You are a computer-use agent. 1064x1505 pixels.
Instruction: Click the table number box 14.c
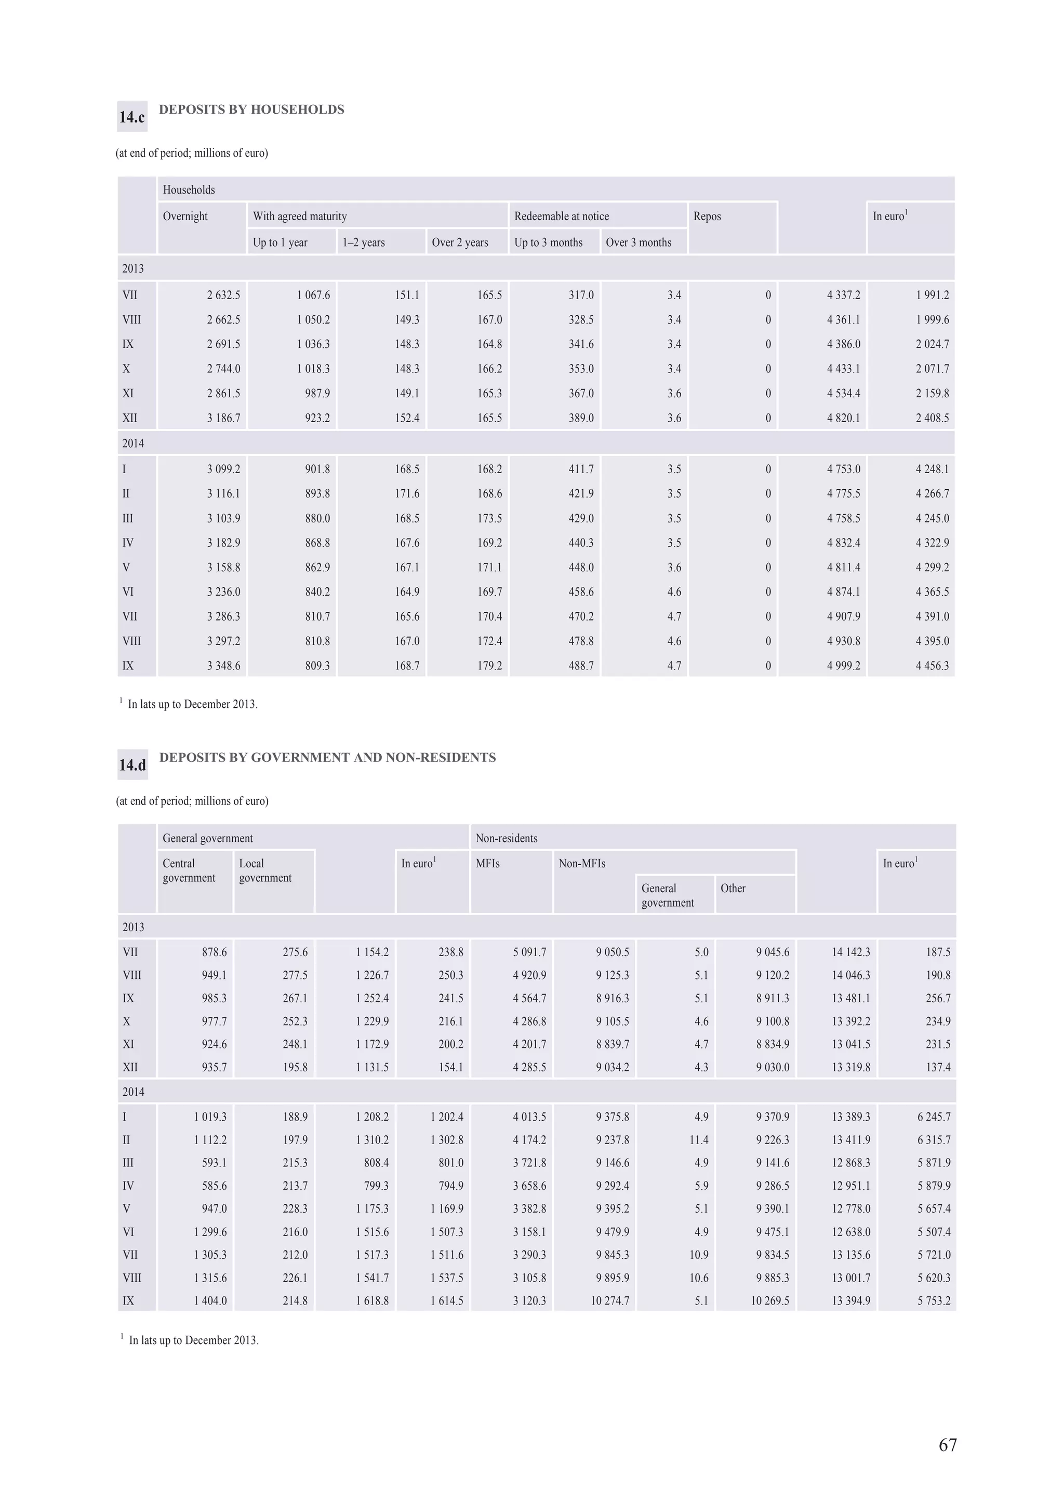pyautogui.click(x=132, y=117)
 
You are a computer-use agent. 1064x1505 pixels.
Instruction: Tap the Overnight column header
pyautogui.click(x=185, y=217)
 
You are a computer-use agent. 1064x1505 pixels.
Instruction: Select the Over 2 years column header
pyautogui.click(x=460, y=243)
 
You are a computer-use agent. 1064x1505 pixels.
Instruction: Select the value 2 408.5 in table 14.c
pyautogui.click(x=932, y=418)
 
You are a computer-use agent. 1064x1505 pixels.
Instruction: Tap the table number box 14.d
pyautogui.click(x=132, y=765)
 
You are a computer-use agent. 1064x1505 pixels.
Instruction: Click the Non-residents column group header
pyautogui.click(x=506, y=838)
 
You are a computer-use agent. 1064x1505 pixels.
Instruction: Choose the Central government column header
pyautogui.click(x=188, y=870)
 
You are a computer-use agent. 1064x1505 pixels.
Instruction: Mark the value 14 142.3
pyautogui.click(x=851, y=952)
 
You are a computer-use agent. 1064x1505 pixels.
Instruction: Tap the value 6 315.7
pyautogui.click(x=934, y=1140)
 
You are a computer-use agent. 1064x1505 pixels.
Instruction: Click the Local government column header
pyautogui.click(x=265, y=870)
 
